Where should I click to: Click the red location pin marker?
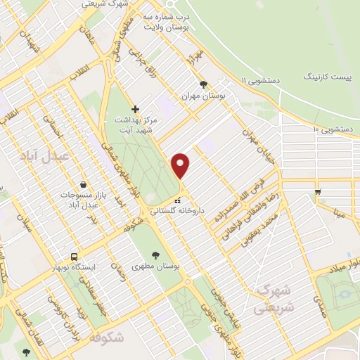coord(181,166)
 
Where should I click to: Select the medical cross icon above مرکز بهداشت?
coord(135,110)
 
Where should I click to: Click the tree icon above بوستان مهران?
coord(203,84)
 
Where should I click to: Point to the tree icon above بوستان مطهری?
coord(155,255)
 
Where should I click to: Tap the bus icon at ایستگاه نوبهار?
coord(74,257)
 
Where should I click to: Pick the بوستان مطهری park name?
coord(156,268)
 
